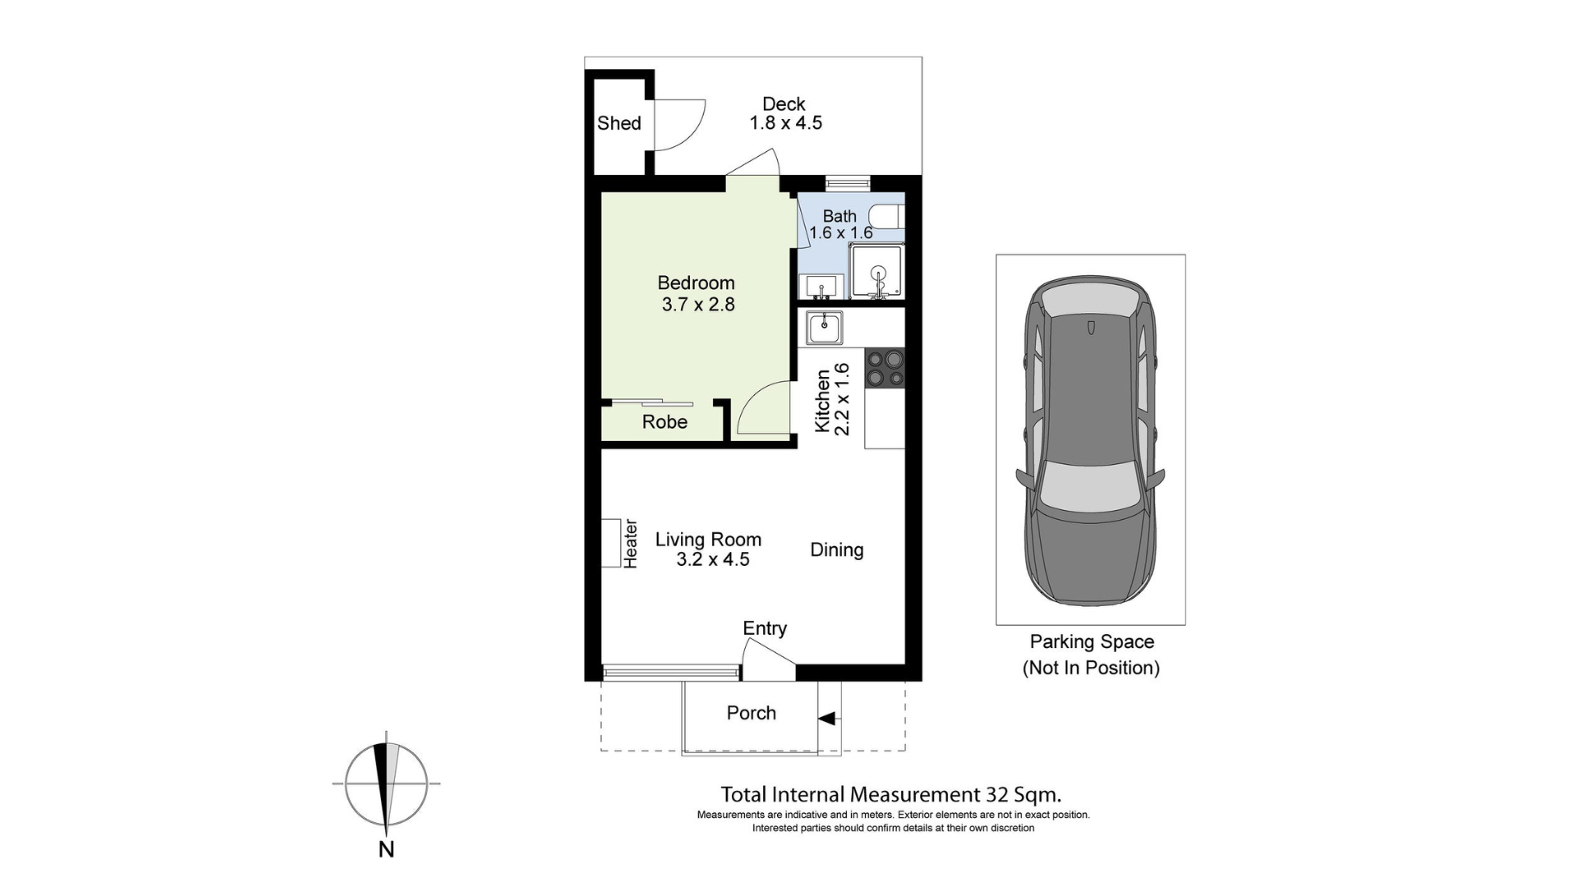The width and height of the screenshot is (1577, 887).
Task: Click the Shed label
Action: pyautogui.click(x=618, y=123)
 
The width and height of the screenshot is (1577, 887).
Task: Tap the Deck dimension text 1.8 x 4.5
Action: pyautogui.click(x=785, y=123)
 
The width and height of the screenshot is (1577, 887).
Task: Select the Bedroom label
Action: pyautogui.click(x=696, y=283)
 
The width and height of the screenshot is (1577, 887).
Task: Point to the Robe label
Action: pyautogui.click(x=664, y=421)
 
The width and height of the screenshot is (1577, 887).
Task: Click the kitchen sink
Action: pyautogui.click(x=824, y=328)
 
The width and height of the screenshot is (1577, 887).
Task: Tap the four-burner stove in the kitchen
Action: pyautogui.click(x=885, y=368)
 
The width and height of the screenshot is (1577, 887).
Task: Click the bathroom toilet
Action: pyautogui.click(x=887, y=217)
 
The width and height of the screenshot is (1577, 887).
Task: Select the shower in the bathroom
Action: pyautogui.click(x=877, y=272)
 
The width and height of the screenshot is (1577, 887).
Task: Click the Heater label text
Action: pyautogui.click(x=630, y=543)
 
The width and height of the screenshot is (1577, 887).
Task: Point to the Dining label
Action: pyautogui.click(x=836, y=549)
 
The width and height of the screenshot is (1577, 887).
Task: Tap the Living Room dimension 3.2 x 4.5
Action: pyautogui.click(x=712, y=559)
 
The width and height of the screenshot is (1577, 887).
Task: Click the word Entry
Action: pyautogui.click(x=765, y=628)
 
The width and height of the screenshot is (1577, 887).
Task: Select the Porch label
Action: pyautogui.click(x=751, y=713)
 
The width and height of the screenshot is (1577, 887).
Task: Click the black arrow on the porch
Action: pyautogui.click(x=826, y=719)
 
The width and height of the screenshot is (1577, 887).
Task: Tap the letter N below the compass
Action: pyautogui.click(x=386, y=849)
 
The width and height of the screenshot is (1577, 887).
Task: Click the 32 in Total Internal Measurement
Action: pyautogui.click(x=996, y=794)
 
